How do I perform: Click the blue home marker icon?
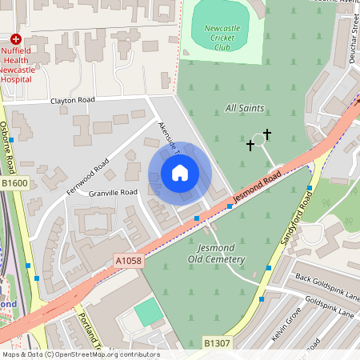click(180, 173)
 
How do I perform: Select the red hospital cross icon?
click(15, 38)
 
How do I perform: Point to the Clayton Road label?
click(73, 100)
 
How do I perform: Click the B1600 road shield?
click(14, 182)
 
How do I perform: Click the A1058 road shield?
click(128, 261)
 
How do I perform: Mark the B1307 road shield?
click(217, 343)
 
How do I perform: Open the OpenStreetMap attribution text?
click(80, 354)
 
